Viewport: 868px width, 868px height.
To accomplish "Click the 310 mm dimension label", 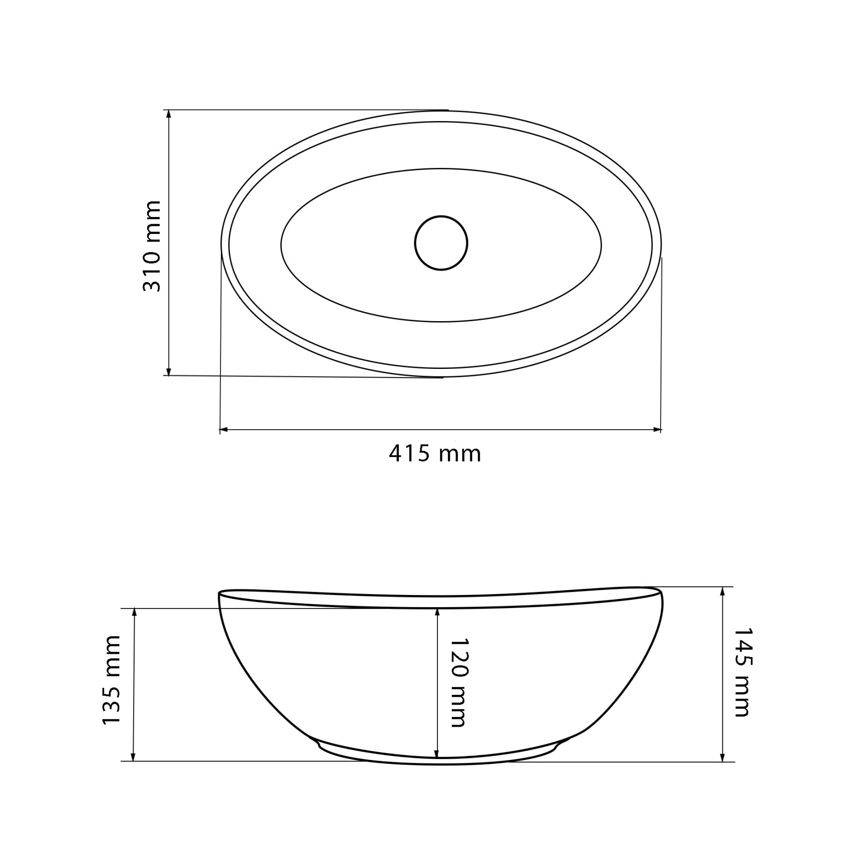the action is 151,246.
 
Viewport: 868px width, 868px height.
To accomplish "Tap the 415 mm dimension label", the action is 435,454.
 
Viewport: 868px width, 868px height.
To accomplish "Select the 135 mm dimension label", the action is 111,680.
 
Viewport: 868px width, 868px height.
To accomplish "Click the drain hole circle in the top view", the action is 441,243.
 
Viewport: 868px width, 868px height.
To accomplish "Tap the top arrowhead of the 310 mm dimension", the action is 168,115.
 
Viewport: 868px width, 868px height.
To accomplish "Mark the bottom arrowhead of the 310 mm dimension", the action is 168,370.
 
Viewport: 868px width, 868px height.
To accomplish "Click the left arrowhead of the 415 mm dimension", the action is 225,429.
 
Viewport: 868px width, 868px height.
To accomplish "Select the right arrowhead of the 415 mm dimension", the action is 656,429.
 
